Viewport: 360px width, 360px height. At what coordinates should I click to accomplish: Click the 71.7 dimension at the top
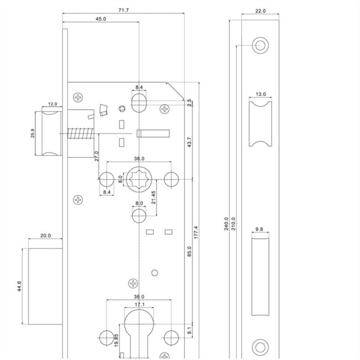click(122, 10)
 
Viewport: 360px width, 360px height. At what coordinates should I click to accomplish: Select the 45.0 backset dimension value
click(100, 19)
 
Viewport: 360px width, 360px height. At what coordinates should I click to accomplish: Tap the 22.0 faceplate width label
click(261, 10)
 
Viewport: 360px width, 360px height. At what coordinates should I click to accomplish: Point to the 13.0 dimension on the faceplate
click(261, 94)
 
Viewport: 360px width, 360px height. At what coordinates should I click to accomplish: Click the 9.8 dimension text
click(259, 229)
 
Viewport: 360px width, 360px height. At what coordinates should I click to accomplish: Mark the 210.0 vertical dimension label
click(233, 223)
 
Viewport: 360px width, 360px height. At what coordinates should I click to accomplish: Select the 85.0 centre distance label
click(189, 251)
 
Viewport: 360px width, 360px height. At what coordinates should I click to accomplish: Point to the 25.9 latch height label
click(33, 134)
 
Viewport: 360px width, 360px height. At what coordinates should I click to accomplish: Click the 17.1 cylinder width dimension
click(139, 305)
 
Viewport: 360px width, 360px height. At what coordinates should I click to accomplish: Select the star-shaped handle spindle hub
click(139, 179)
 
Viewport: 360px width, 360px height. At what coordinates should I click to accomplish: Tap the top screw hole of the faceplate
click(260, 45)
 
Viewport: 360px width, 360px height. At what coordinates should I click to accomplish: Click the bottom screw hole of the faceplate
click(260, 346)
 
